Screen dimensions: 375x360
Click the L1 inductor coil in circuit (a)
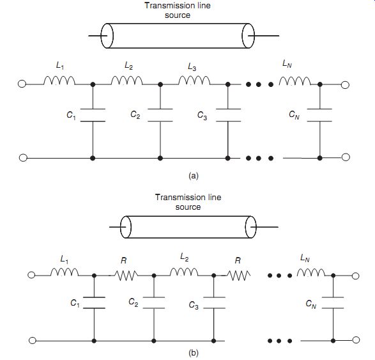59,81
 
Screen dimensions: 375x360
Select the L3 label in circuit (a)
192,67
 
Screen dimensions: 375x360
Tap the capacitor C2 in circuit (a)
160,115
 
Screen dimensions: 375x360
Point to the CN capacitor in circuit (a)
319,115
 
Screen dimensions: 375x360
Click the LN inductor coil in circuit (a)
295,81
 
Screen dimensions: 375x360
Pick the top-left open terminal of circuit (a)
22,84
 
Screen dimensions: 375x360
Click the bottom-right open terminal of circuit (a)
346,157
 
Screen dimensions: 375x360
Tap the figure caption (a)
193,176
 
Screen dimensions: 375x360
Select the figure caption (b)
193,353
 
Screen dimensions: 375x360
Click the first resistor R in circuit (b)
126,276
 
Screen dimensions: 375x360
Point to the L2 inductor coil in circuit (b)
184,272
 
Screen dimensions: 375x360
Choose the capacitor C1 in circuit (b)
94,302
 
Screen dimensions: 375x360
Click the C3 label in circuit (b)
194,305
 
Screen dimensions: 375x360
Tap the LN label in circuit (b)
305,258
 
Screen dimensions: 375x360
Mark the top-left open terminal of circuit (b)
31,275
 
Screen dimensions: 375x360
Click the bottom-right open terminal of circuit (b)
356,340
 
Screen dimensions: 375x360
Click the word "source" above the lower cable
188,207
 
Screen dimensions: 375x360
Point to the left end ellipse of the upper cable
107,36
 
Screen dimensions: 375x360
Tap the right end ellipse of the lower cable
250,227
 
